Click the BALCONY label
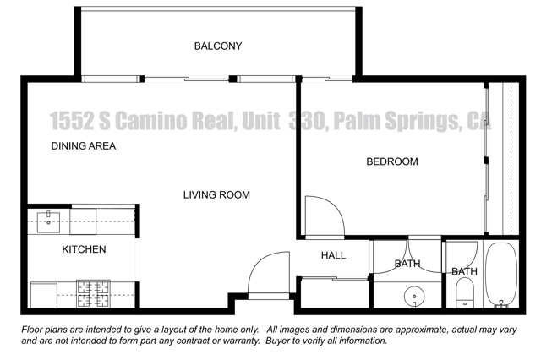(218, 46)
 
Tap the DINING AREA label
(84, 146)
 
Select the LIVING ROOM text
(216, 195)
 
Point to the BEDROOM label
(392, 161)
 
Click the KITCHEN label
(84, 249)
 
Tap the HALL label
(333, 255)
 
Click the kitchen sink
(48, 221)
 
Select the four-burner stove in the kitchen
(94, 293)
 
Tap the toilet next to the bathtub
(465, 293)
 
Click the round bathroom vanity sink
(414, 297)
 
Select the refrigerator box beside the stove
(44, 295)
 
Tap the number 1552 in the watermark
(72, 121)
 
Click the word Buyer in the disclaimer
(277, 341)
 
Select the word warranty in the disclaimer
(241, 341)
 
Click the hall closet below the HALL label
(334, 293)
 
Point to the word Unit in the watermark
(261, 121)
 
